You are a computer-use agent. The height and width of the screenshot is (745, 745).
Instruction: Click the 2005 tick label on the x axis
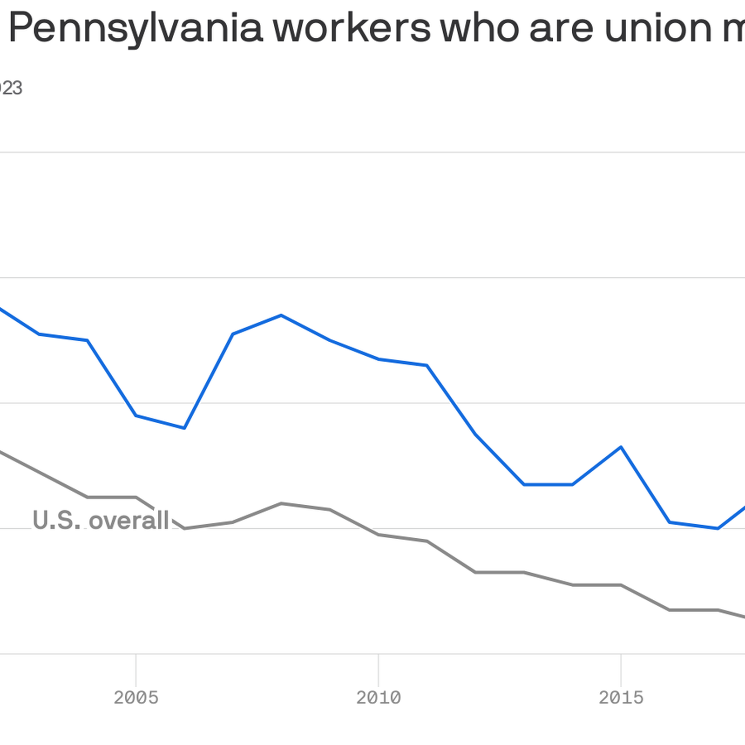coord(136,698)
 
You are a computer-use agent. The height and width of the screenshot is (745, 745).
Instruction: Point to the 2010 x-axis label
coord(379,698)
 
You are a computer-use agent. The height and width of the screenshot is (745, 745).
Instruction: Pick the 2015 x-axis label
coord(621,698)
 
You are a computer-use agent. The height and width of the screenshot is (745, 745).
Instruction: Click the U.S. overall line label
coord(101,520)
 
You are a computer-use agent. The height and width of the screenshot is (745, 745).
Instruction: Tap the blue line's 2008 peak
coord(281,316)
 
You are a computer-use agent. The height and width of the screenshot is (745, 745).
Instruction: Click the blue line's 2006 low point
coord(184,428)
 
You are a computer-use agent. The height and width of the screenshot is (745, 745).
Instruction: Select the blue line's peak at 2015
coord(621,447)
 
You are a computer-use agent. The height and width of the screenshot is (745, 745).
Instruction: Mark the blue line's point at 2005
coord(136,415)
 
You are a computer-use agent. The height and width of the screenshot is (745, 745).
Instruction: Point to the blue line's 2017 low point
coord(718,528)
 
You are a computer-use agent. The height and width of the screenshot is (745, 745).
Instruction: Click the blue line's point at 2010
coord(379,359)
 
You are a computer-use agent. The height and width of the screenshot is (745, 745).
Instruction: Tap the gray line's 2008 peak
coord(281,503)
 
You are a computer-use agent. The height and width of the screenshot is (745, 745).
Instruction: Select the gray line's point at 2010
coord(379,535)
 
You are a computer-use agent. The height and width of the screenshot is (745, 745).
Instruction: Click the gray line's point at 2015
coord(621,585)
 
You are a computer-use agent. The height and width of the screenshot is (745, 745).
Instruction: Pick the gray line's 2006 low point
coord(184,528)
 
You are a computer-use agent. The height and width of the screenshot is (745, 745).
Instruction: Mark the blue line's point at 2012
coord(475,434)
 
